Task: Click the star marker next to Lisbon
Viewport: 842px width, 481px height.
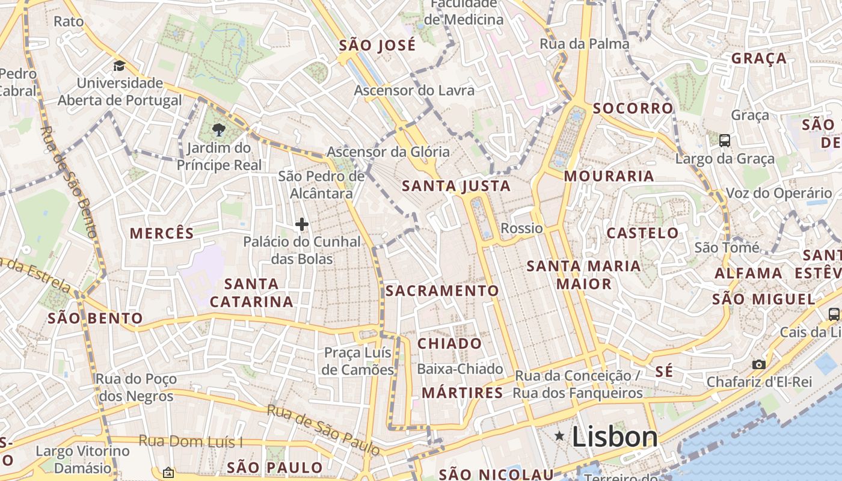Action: click(x=560, y=435)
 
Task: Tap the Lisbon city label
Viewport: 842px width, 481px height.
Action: click(x=615, y=437)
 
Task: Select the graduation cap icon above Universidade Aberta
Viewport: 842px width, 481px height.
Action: click(x=120, y=65)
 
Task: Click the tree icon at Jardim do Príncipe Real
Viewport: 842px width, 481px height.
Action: click(x=219, y=130)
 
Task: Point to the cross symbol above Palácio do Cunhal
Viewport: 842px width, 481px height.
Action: click(x=302, y=225)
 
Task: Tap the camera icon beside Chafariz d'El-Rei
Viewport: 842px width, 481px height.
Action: click(x=759, y=364)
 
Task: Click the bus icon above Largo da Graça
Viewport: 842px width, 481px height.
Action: click(x=725, y=141)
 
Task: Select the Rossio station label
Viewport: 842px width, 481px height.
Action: click(x=521, y=228)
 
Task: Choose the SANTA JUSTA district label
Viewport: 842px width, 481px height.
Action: click(x=456, y=186)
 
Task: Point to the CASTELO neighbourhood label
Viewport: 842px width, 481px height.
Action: click(x=642, y=233)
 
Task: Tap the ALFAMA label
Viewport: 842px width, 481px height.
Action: click(x=748, y=274)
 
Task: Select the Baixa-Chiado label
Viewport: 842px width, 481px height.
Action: click(x=459, y=369)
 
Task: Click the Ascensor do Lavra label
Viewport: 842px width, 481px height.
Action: click(x=414, y=91)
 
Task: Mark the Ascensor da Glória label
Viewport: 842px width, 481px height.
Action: click(x=388, y=152)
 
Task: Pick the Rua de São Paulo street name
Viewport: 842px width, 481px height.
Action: click(x=323, y=430)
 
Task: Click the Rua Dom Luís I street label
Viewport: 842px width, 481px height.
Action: click(x=191, y=441)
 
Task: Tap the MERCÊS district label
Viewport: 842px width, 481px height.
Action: click(x=162, y=233)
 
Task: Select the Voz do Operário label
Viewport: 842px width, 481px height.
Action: click(x=779, y=193)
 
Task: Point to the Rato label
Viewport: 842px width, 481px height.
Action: click(x=69, y=22)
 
